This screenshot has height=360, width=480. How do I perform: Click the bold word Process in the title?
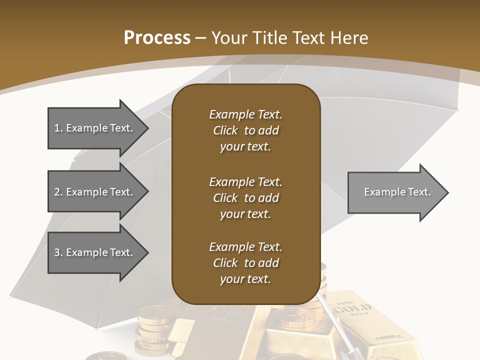tap(157, 38)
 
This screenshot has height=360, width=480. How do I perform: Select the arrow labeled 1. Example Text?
tap(95, 128)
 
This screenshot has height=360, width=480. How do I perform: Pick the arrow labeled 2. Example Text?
tap(95, 192)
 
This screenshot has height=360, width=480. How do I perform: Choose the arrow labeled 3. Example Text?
tap(95, 252)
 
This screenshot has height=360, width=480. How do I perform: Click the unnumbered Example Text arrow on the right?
tap(395, 192)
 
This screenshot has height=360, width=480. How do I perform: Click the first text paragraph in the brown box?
tap(245, 130)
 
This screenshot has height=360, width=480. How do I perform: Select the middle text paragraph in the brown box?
tap(245, 198)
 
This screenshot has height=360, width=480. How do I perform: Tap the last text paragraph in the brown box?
tap(245, 263)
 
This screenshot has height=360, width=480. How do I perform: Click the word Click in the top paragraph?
tap(225, 130)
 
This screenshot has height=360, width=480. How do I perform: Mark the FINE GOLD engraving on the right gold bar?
tap(353, 307)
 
